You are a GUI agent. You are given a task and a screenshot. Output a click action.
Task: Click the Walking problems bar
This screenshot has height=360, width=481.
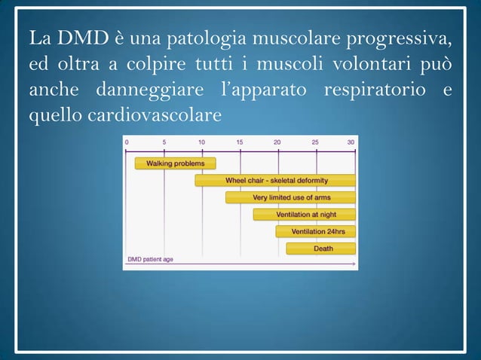point(175,163)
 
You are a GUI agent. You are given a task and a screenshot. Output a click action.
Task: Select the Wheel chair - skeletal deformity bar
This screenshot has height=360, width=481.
point(275,181)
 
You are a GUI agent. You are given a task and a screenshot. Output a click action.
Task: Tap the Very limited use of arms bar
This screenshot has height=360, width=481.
point(290,197)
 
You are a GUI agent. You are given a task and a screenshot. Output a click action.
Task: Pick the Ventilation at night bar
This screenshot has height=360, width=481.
point(305,215)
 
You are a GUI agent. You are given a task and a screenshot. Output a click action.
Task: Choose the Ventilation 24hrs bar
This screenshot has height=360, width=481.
point(317,231)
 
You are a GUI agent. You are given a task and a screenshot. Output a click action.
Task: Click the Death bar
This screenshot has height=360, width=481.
point(321,249)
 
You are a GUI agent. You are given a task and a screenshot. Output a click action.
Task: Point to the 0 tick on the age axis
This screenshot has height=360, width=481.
point(127,142)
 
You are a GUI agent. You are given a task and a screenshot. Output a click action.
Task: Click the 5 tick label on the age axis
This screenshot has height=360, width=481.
point(164,142)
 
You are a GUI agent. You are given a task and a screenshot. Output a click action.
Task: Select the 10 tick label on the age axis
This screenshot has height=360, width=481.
point(201,142)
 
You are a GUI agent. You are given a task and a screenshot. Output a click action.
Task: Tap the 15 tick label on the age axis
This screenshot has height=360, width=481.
point(240,142)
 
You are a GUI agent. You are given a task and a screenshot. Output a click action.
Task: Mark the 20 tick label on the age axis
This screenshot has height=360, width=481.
point(277,142)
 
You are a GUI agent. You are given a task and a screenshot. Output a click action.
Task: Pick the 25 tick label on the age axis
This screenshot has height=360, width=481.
point(315,142)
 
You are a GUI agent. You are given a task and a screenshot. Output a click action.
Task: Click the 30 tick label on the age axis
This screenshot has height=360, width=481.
point(351,142)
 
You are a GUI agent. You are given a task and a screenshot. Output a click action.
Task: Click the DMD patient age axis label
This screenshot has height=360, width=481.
point(151,259)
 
